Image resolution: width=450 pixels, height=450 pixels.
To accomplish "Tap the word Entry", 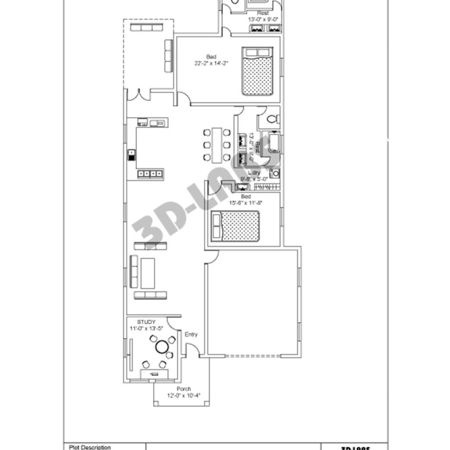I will point(191,335).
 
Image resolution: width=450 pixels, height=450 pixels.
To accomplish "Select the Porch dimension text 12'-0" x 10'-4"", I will point(183,396).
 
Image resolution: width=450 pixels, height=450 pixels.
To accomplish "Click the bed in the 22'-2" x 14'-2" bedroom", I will point(258,70).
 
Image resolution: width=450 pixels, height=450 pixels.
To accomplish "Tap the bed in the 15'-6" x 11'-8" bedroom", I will point(235,226).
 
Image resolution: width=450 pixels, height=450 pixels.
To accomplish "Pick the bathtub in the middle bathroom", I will point(274,143).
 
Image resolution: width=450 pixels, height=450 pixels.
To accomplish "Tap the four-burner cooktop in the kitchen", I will point(151,174).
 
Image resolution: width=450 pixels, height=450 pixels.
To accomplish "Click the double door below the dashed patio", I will point(138,94).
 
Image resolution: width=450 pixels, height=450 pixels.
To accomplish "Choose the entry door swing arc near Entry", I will point(191,349).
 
